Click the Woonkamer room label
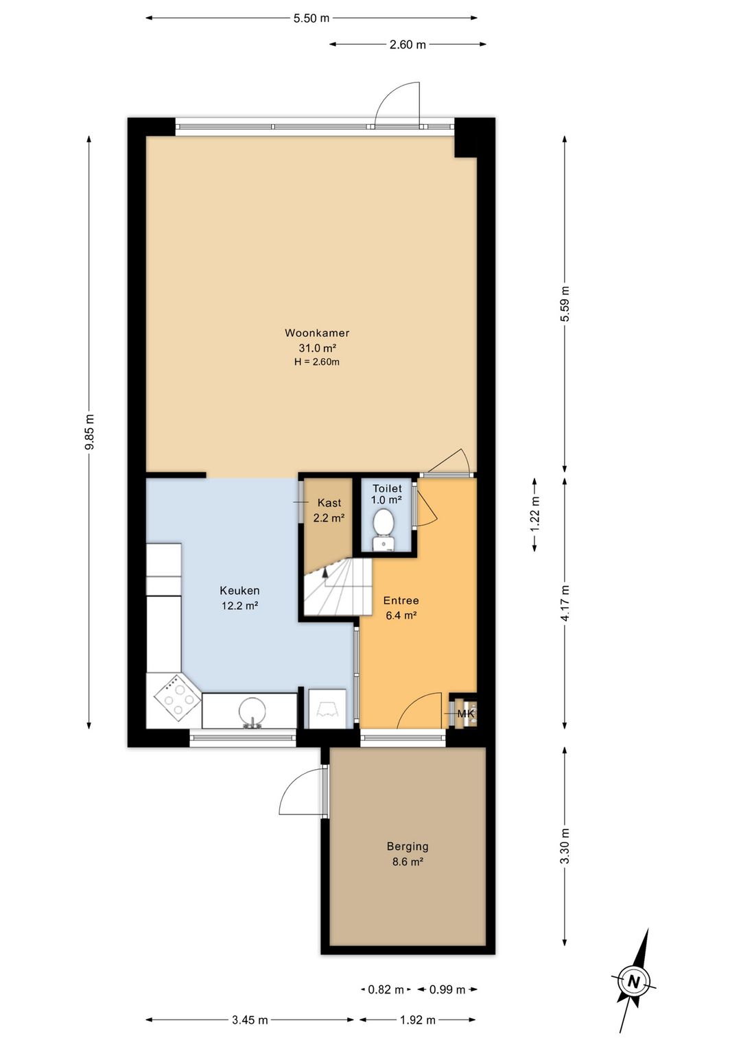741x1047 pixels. [317, 333]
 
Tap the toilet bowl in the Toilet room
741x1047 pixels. [384, 529]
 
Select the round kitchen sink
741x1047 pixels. [253, 714]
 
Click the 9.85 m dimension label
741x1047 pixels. [89, 432]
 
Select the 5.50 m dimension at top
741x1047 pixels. [311, 19]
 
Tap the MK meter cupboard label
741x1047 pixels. [466, 714]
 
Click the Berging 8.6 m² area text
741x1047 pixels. [407, 862]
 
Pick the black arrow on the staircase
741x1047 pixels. [325, 573]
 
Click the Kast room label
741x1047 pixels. [329, 503]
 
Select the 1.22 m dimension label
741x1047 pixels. [535, 515]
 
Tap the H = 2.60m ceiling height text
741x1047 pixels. [317, 362]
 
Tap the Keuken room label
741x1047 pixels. [239, 591]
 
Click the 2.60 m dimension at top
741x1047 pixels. [408, 45]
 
